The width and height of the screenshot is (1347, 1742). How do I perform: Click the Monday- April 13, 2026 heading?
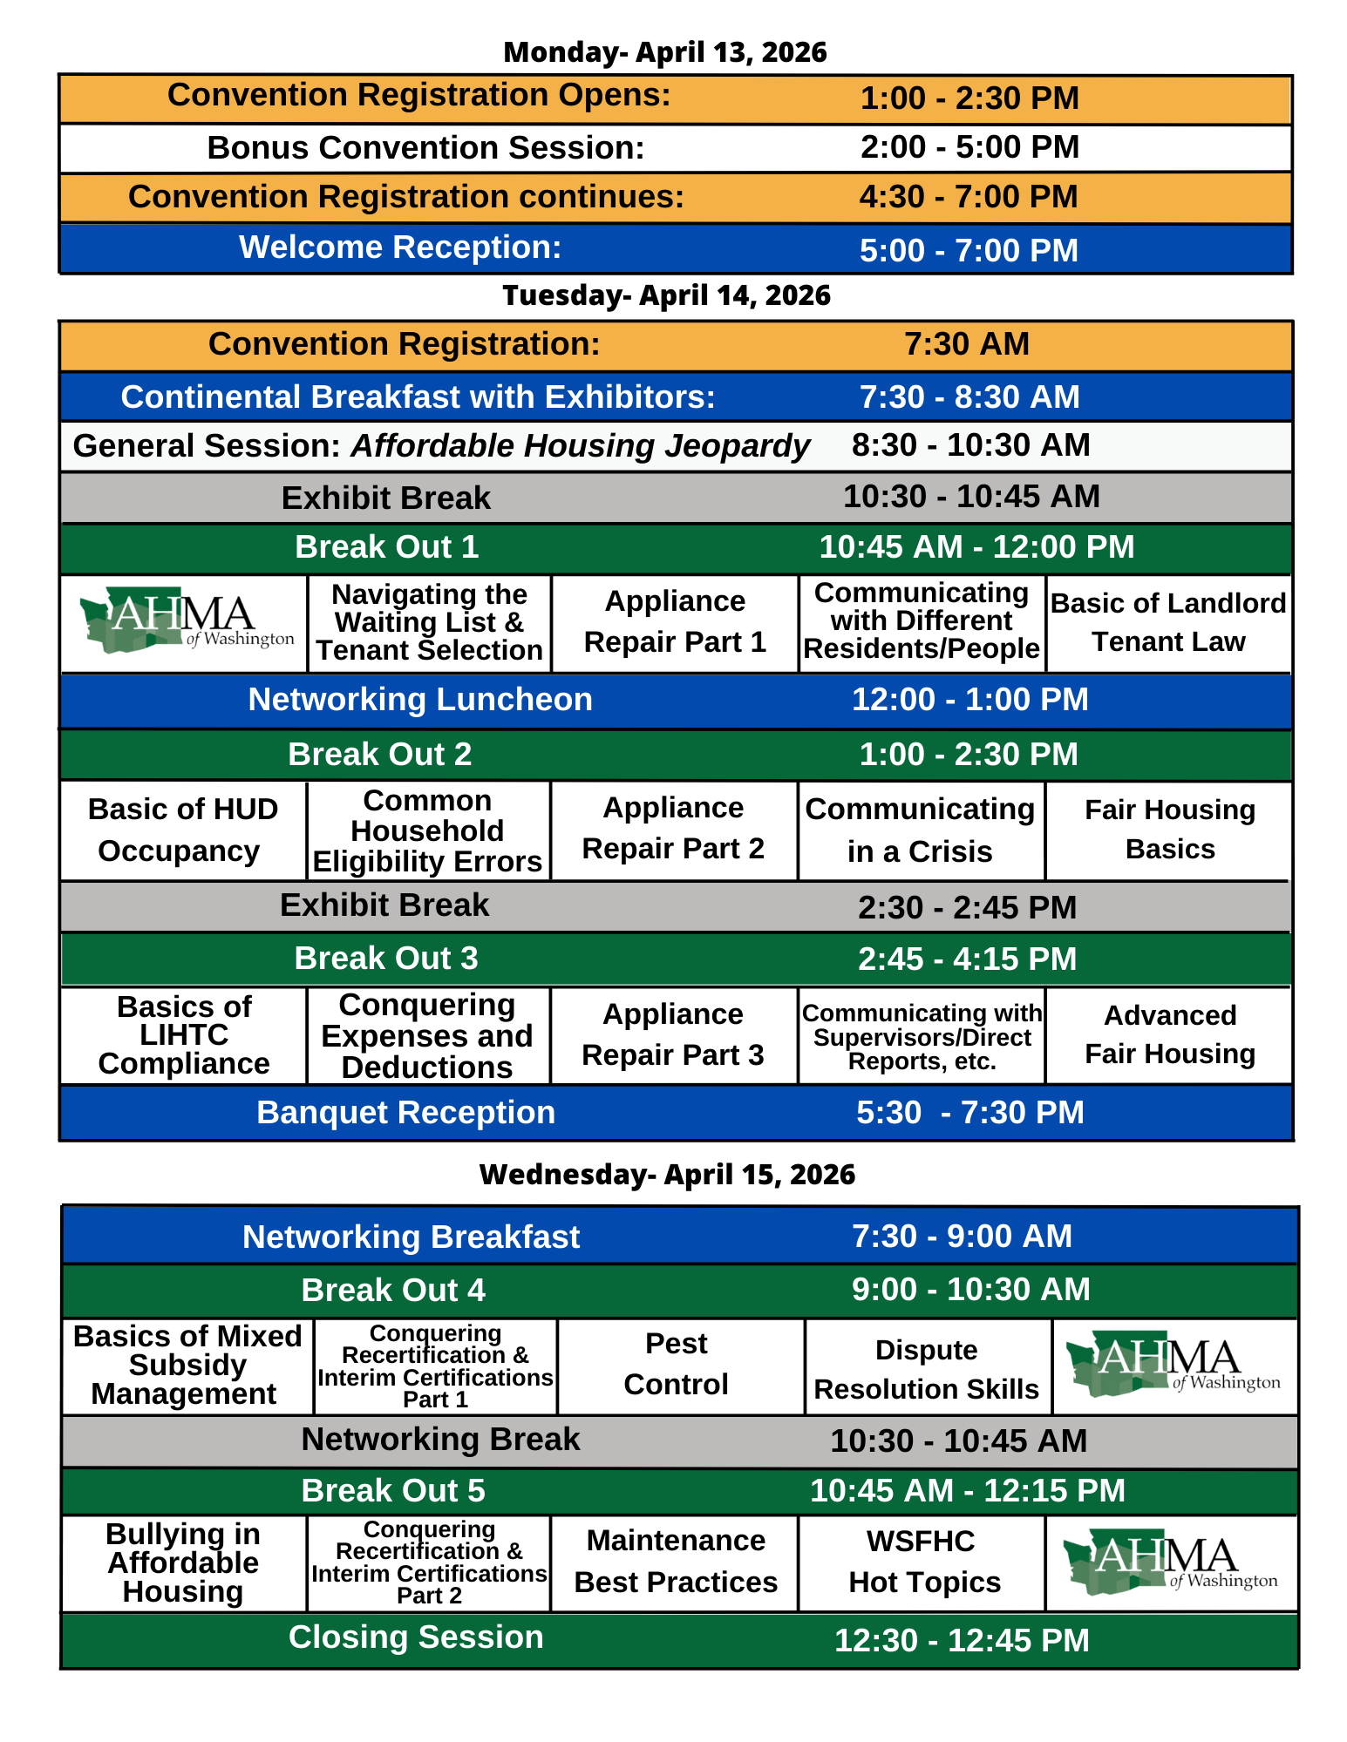[665, 52]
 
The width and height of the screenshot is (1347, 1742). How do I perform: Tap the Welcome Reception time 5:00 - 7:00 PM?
[969, 251]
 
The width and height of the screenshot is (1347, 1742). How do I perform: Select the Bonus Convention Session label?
[425, 148]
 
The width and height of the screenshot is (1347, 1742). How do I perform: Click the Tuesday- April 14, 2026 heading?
[666, 295]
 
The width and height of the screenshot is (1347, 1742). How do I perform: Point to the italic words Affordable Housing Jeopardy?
[581, 446]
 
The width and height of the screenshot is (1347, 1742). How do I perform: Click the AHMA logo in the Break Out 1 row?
[185, 621]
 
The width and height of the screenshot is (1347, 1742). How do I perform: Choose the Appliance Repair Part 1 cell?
[675, 621]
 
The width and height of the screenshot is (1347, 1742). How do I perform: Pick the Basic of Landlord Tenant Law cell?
[1168, 622]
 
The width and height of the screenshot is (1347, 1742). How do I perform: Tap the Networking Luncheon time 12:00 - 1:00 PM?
[969, 700]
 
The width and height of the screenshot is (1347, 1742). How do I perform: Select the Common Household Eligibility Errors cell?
[427, 831]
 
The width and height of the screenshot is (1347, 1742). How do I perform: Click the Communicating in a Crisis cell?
[920, 830]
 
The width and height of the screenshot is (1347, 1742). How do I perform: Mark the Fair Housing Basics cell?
[1170, 830]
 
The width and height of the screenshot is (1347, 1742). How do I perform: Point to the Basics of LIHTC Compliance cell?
[184, 1035]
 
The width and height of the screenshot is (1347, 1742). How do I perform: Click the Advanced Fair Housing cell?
[1170, 1035]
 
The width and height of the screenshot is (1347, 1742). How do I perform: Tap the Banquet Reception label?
[405, 1113]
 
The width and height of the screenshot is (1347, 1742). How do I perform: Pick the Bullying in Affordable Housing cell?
[183, 1562]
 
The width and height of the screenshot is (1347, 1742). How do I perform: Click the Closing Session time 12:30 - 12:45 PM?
[962, 1641]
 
